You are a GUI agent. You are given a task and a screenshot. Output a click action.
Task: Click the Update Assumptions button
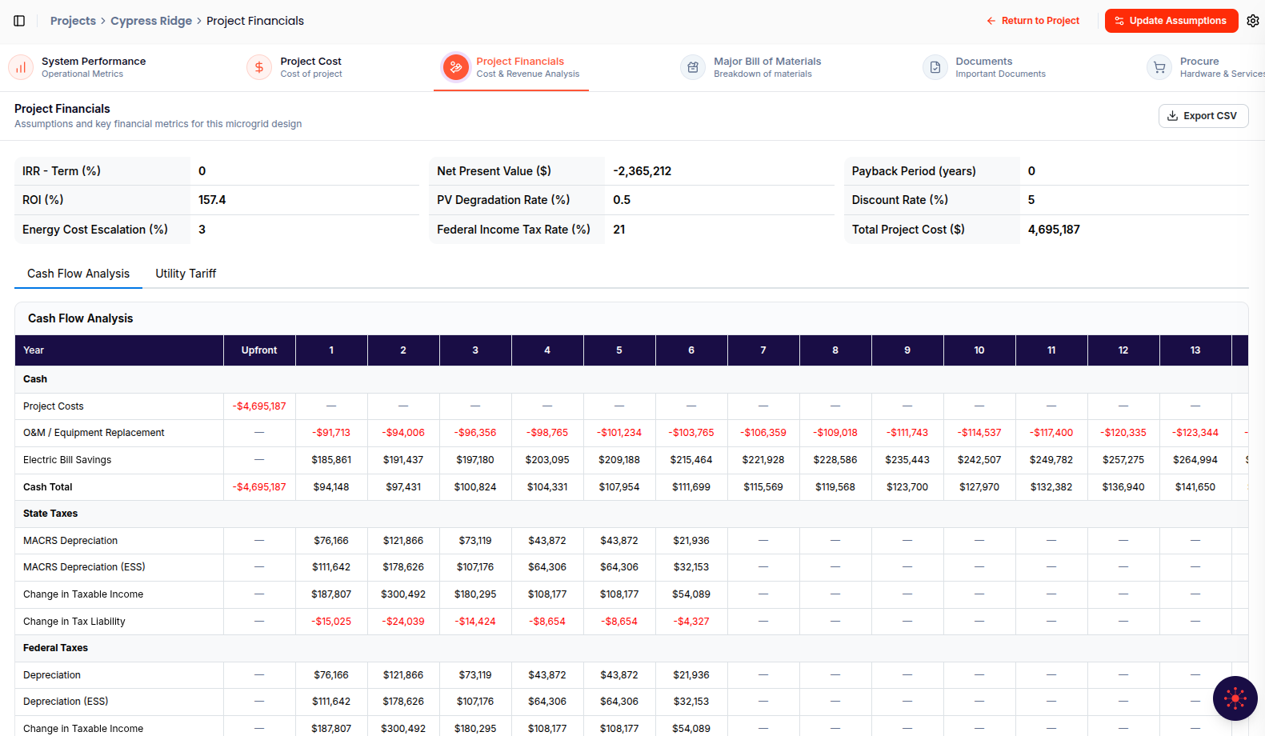pyautogui.click(x=1171, y=21)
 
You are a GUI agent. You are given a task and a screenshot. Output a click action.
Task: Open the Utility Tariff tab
pyautogui.click(x=186, y=274)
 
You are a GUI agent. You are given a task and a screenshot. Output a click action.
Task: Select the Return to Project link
pyautogui.click(x=1033, y=21)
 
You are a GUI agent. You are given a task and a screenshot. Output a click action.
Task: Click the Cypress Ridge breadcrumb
pyautogui.click(x=151, y=21)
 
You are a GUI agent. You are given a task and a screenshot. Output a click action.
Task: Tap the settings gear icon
pyautogui.click(x=1252, y=21)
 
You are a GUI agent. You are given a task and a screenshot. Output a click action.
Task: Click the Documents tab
pyautogui.click(x=984, y=67)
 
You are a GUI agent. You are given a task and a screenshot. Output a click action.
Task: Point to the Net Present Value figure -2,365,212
pyautogui.click(x=642, y=171)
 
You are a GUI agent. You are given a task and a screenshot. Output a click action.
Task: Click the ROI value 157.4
pyautogui.click(x=212, y=200)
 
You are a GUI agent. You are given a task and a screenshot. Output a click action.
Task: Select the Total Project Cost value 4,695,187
pyautogui.click(x=1054, y=230)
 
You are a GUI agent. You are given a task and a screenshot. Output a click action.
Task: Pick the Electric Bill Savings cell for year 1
pyautogui.click(x=331, y=460)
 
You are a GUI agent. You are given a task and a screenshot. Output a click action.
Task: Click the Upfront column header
pyautogui.click(x=259, y=350)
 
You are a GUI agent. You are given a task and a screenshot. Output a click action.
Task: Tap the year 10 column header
pyautogui.click(x=979, y=350)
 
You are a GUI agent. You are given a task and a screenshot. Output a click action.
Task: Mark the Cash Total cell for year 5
pyautogui.click(x=619, y=487)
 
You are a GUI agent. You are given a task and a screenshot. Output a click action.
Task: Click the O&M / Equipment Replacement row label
pyautogui.click(x=94, y=433)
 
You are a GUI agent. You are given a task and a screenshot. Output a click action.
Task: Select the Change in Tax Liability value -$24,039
pyautogui.click(x=403, y=622)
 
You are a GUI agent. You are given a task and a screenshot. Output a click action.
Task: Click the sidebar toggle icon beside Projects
pyautogui.click(x=19, y=21)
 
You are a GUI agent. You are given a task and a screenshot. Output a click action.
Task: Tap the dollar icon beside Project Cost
pyautogui.click(x=259, y=67)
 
